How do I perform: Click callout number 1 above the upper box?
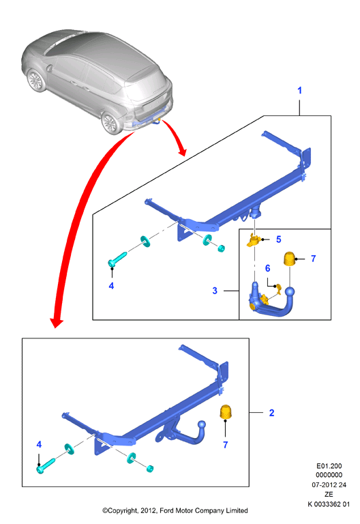click(x=299, y=90)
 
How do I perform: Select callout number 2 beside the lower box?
click(x=271, y=413)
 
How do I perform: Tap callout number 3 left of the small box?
click(x=215, y=291)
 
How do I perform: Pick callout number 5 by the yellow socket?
click(x=278, y=239)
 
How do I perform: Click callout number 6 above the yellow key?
click(x=267, y=268)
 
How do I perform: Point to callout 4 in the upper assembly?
click(x=111, y=286)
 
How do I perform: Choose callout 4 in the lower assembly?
click(x=39, y=444)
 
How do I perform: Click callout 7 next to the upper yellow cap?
click(x=313, y=259)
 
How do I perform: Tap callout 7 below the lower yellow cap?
click(x=226, y=445)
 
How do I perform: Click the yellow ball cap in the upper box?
click(x=290, y=259)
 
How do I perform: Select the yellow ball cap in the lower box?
click(x=226, y=411)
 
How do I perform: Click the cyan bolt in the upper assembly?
click(x=117, y=259)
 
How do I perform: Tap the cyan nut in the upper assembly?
click(x=221, y=248)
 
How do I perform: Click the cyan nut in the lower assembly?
click(x=150, y=469)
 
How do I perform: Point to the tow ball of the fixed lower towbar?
click(x=202, y=425)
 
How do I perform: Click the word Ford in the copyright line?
click(x=167, y=510)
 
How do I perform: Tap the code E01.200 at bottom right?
click(x=329, y=466)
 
